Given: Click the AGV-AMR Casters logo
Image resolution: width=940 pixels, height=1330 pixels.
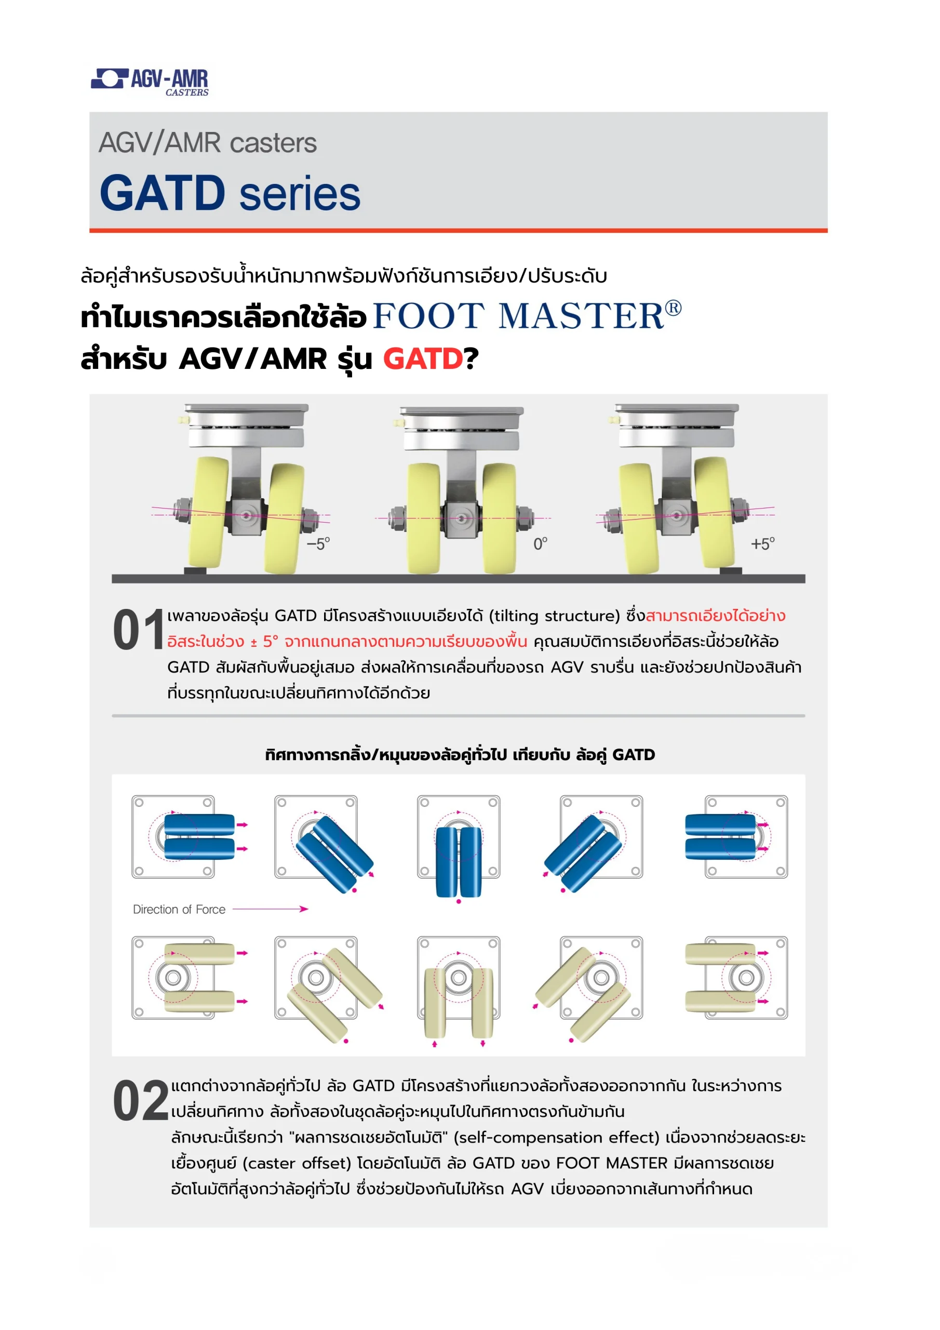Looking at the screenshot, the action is click(150, 82).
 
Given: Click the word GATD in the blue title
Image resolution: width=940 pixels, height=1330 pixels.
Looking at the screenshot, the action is click(163, 193).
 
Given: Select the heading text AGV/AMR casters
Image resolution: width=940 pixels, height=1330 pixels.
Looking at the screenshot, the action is click(207, 142).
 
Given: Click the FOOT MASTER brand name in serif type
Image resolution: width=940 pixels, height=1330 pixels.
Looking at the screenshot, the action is click(518, 316).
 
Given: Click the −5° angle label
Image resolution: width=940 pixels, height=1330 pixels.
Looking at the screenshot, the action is click(318, 543).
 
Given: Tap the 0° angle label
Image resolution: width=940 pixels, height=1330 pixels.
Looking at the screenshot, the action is click(540, 543).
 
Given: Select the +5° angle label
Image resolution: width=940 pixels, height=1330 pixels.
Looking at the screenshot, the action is click(762, 543).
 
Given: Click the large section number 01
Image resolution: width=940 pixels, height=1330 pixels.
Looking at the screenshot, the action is click(139, 630).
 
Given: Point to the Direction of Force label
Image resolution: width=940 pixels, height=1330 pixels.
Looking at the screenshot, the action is click(179, 910).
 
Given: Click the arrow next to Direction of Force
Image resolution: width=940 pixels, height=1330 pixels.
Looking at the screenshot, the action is click(270, 909).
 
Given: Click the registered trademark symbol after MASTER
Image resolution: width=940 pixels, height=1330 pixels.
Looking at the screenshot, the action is click(673, 308).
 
